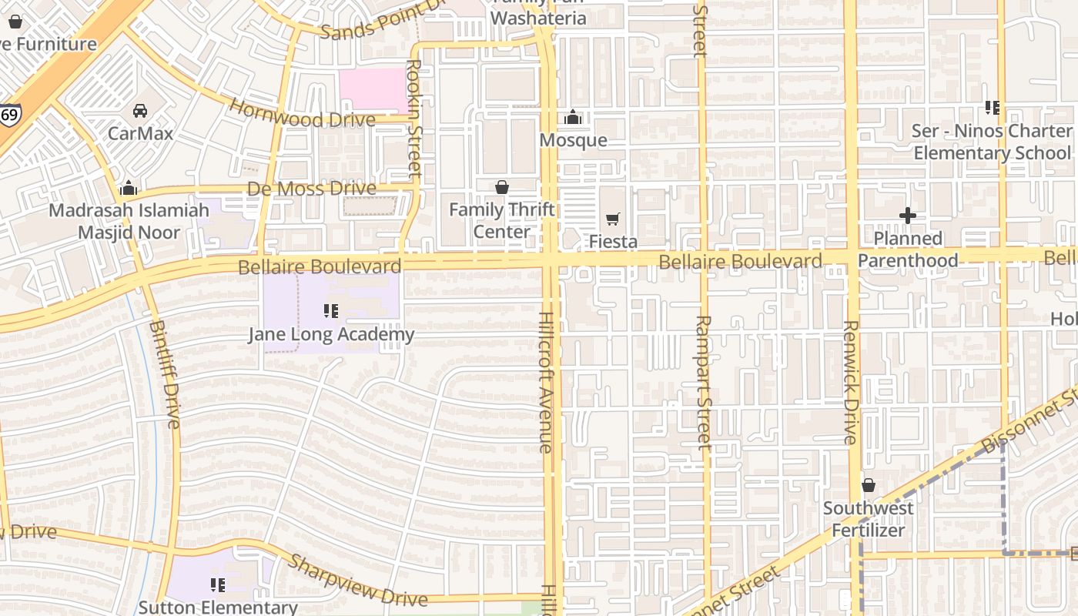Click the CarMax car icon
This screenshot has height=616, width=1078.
(x=139, y=111)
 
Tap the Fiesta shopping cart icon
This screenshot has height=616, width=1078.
(x=613, y=219)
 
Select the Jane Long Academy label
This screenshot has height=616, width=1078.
(x=331, y=334)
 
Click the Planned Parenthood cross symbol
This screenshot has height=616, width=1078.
(x=908, y=216)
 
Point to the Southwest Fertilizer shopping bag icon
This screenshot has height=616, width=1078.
(x=869, y=485)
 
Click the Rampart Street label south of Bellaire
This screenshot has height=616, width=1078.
(x=704, y=382)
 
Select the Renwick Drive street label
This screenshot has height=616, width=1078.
(x=850, y=382)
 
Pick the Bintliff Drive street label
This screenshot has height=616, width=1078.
(x=164, y=373)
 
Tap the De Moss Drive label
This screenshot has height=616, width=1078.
(x=312, y=189)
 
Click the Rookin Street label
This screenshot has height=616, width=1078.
(x=415, y=119)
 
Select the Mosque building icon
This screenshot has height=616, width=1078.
(x=572, y=118)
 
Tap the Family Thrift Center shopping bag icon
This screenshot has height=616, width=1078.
(x=502, y=187)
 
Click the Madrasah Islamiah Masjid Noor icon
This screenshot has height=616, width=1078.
(x=129, y=188)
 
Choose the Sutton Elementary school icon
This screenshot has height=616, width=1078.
(x=218, y=585)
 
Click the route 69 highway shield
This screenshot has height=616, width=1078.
(x=10, y=115)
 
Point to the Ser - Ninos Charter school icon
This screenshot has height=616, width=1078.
(x=992, y=108)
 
